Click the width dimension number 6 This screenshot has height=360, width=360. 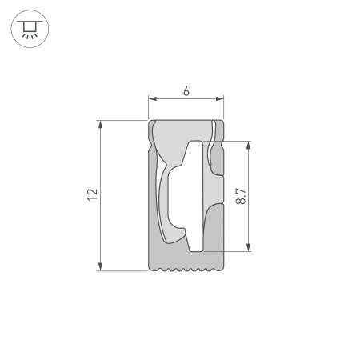186,91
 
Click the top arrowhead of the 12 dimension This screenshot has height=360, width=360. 101,124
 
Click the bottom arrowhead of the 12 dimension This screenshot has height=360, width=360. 101,266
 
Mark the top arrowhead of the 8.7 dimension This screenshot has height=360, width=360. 251,146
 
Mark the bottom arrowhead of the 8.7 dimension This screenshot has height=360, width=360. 251,247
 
